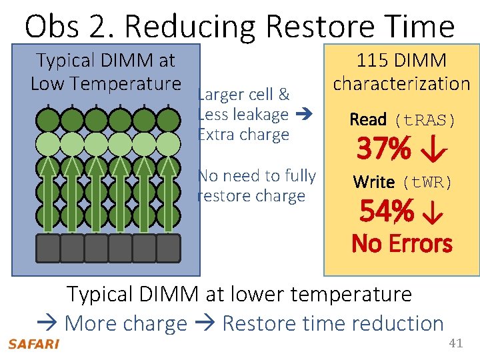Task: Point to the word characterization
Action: [401, 83]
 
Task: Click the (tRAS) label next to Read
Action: [425, 120]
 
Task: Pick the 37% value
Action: [384, 149]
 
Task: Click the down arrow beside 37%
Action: [431, 150]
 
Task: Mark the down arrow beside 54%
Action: [433, 213]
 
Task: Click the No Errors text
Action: [401, 243]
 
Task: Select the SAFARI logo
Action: [33, 344]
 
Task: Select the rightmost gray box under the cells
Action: [168, 247]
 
